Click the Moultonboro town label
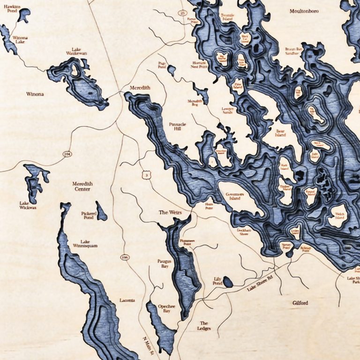(304, 11)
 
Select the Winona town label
(34, 94)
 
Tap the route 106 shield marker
(124, 257)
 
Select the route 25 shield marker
(182, 13)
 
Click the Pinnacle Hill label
(178, 127)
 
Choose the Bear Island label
(281, 132)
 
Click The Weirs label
(170, 212)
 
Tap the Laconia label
(127, 300)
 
